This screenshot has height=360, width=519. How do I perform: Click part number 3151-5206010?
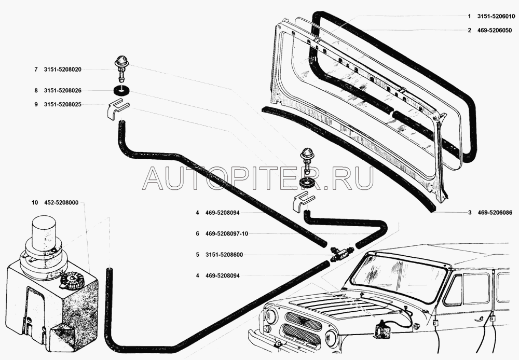pyautogui.click(x=496, y=17)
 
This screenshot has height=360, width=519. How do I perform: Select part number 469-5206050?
pyautogui.click(x=496, y=30)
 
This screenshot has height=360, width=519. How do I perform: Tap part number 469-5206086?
pyautogui.click(x=496, y=212)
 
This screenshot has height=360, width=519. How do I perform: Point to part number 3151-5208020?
pyautogui.click(x=66, y=69)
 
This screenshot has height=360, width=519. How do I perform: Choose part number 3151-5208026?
pyautogui.click(x=66, y=90)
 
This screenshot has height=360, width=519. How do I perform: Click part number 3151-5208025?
pyautogui.click(x=66, y=104)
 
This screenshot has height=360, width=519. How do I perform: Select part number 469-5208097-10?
pyautogui.click(x=226, y=233)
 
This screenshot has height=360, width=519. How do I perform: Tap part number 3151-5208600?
pyautogui.click(x=224, y=255)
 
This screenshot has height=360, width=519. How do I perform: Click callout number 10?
pyautogui.click(x=34, y=203)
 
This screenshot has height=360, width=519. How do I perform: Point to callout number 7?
pyautogui.click(x=36, y=69)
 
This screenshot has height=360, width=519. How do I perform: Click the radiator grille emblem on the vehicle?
pyautogui.click(x=300, y=323)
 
